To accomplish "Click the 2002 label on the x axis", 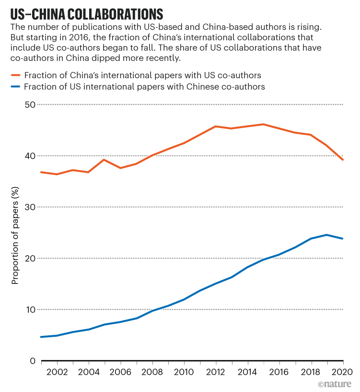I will coord(58,373).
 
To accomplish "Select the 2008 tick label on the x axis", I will coord(152,373).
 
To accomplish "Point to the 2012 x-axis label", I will coord(216,373).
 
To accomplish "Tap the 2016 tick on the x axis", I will coord(279,373).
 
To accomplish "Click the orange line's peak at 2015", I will coord(263,124).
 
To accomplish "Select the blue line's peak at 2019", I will coord(327,235).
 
